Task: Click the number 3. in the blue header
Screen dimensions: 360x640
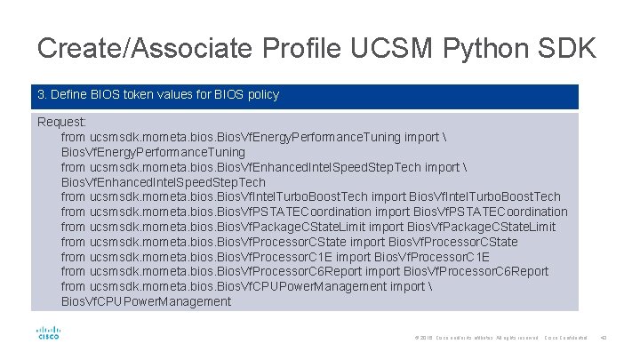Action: click(x=42, y=94)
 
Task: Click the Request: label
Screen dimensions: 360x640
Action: click(x=62, y=122)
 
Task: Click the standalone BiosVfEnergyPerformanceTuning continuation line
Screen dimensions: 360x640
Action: click(x=153, y=152)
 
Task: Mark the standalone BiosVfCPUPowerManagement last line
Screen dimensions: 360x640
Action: click(x=146, y=301)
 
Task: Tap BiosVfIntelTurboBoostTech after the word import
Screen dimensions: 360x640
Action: click(x=484, y=196)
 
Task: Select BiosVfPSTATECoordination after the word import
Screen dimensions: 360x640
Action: click(x=486, y=212)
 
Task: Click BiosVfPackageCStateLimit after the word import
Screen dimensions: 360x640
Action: click(x=481, y=227)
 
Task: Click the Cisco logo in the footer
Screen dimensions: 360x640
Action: click(x=48, y=334)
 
